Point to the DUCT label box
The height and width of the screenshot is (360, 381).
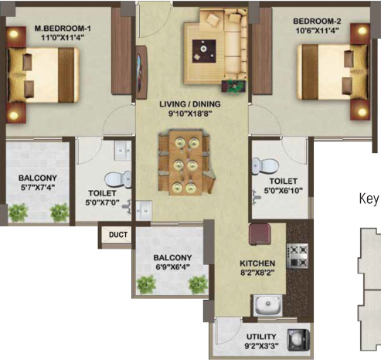(117, 235)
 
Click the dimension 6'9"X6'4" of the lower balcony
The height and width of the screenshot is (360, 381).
(171, 267)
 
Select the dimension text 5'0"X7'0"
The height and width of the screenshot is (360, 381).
(102, 204)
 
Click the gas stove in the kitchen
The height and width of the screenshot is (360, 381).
(297, 252)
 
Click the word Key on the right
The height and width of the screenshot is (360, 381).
(369, 197)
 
